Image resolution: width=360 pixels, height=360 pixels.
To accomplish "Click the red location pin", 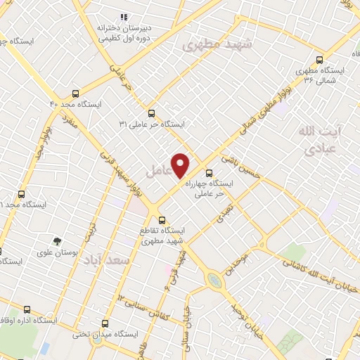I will (181, 165).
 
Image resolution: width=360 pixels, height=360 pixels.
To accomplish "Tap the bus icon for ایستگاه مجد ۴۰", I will (75, 92).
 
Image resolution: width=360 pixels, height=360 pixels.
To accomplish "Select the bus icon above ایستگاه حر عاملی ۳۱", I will (152, 112).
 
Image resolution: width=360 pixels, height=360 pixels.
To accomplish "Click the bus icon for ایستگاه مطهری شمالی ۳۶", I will (320, 60).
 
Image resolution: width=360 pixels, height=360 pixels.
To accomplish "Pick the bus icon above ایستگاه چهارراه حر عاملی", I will (208, 172).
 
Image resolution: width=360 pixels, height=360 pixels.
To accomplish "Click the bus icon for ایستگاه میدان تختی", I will (105, 323).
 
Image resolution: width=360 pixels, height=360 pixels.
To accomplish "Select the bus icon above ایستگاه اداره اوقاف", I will (27, 309).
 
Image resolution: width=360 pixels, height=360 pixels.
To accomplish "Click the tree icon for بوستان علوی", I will (58, 240).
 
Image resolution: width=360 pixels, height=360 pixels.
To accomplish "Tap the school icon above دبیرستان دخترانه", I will (124, 17).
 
